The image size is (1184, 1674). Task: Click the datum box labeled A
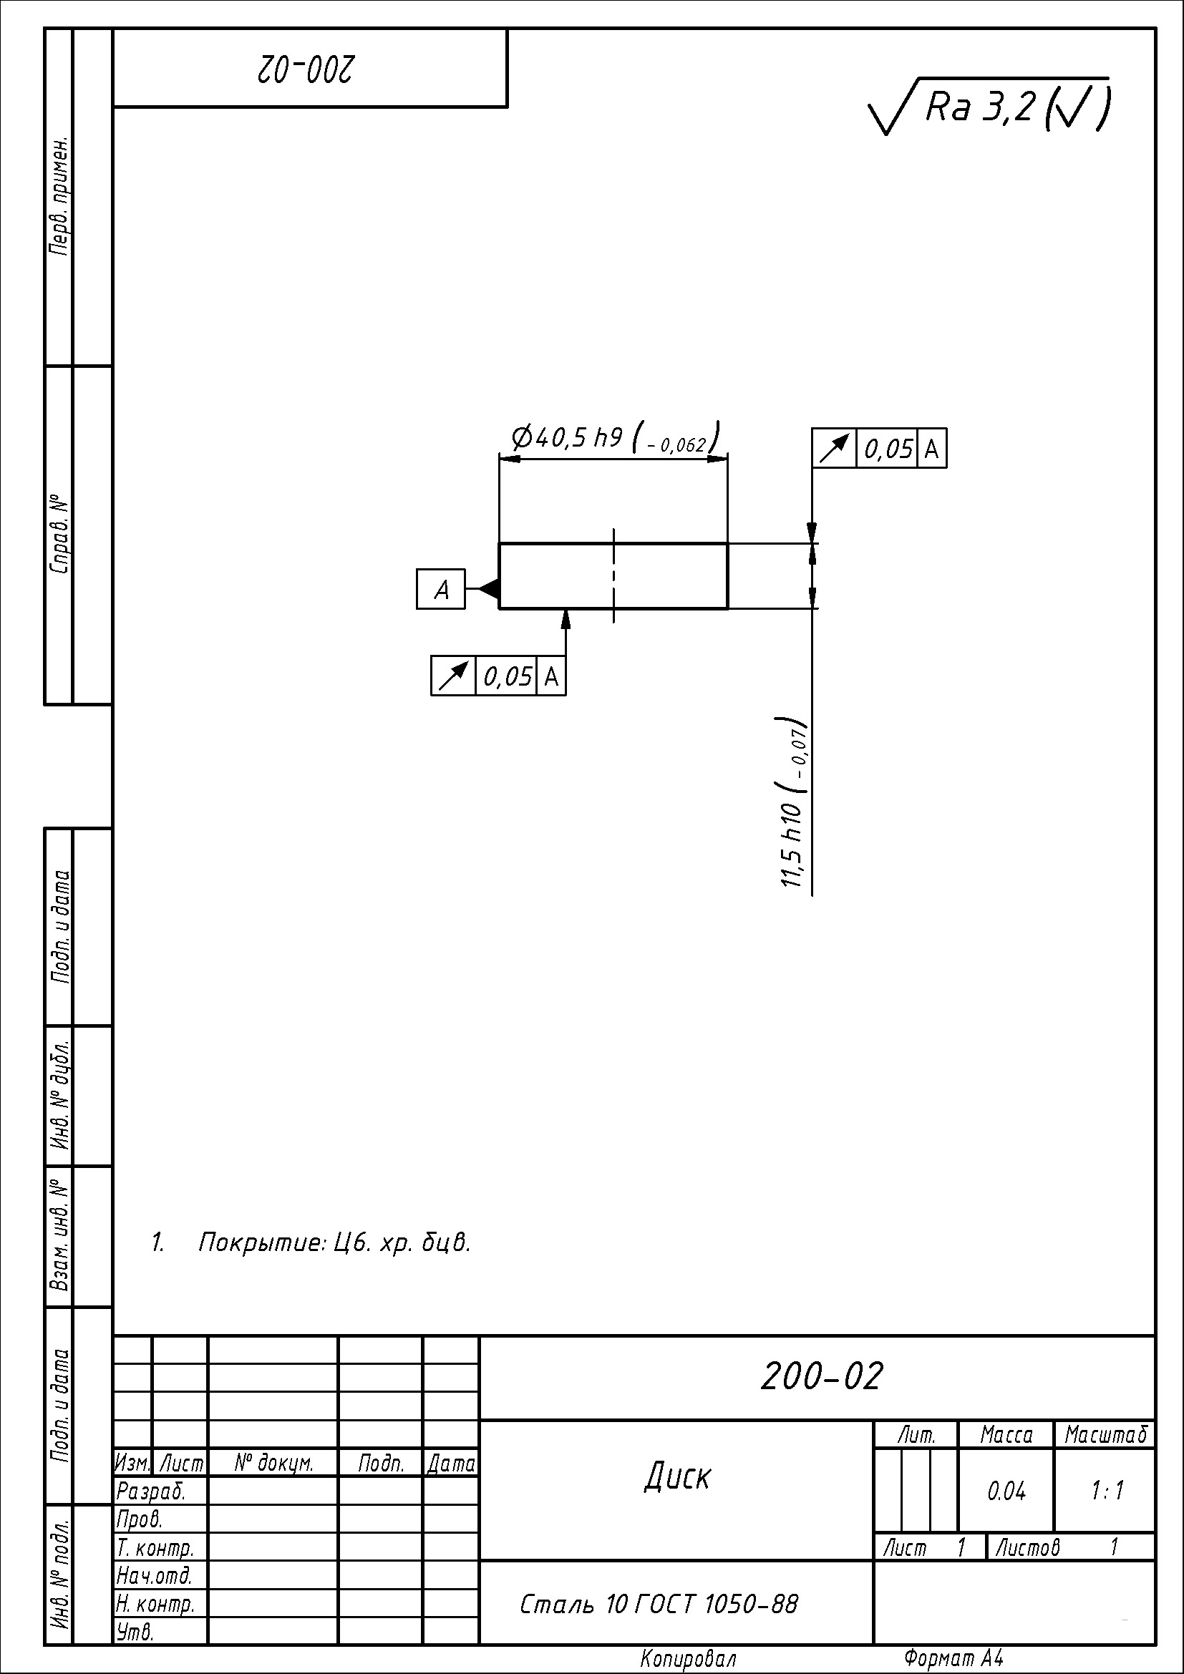click(x=441, y=589)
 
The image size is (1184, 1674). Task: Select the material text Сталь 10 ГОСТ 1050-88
click(x=659, y=1604)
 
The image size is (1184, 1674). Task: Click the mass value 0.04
click(x=1006, y=1491)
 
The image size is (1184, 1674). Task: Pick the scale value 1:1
click(x=1107, y=1491)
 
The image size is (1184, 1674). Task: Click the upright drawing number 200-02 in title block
click(x=822, y=1376)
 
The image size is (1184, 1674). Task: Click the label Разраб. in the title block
click(x=151, y=1491)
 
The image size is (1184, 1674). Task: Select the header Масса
click(x=1006, y=1435)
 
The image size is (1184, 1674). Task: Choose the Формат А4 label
click(x=953, y=1659)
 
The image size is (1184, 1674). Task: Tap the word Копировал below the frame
click(x=688, y=1660)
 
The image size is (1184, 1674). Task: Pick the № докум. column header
click(x=274, y=1463)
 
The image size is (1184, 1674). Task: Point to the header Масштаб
click(x=1106, y=1435)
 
